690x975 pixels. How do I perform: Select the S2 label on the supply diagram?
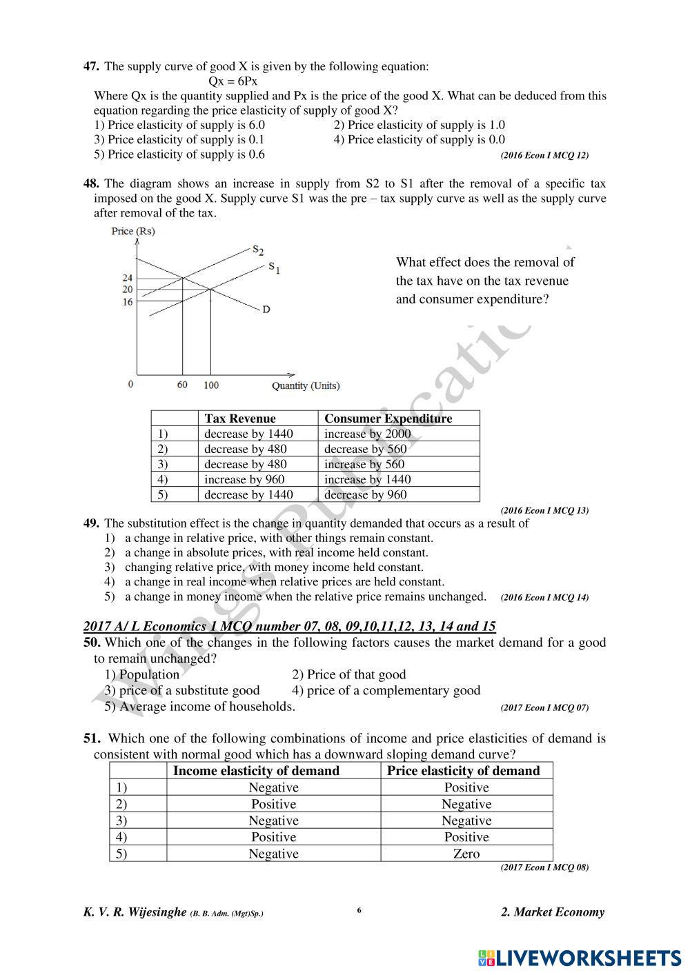[258, 250]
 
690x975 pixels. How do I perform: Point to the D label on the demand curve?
[266, 310]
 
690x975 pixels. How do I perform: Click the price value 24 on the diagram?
[127, 278]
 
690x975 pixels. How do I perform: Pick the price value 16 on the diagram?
[127, 301]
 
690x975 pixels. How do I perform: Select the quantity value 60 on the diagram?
[182, 385]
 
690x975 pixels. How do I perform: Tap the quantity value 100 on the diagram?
[210, 385]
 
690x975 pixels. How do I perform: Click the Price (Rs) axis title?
[133, 231]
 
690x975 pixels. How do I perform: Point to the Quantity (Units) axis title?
[306, 385]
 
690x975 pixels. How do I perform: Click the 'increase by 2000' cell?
[367, 434]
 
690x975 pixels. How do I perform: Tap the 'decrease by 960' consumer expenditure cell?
[365, 494]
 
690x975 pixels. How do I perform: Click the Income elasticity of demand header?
[256, 771]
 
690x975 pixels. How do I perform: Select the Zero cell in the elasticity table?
[466, 854]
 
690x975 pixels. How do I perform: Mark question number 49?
[91, 523]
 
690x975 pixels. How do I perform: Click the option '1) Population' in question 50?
[142, 674]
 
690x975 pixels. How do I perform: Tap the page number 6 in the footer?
[359, 910]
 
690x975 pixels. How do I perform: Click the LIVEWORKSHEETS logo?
[579, 957]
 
